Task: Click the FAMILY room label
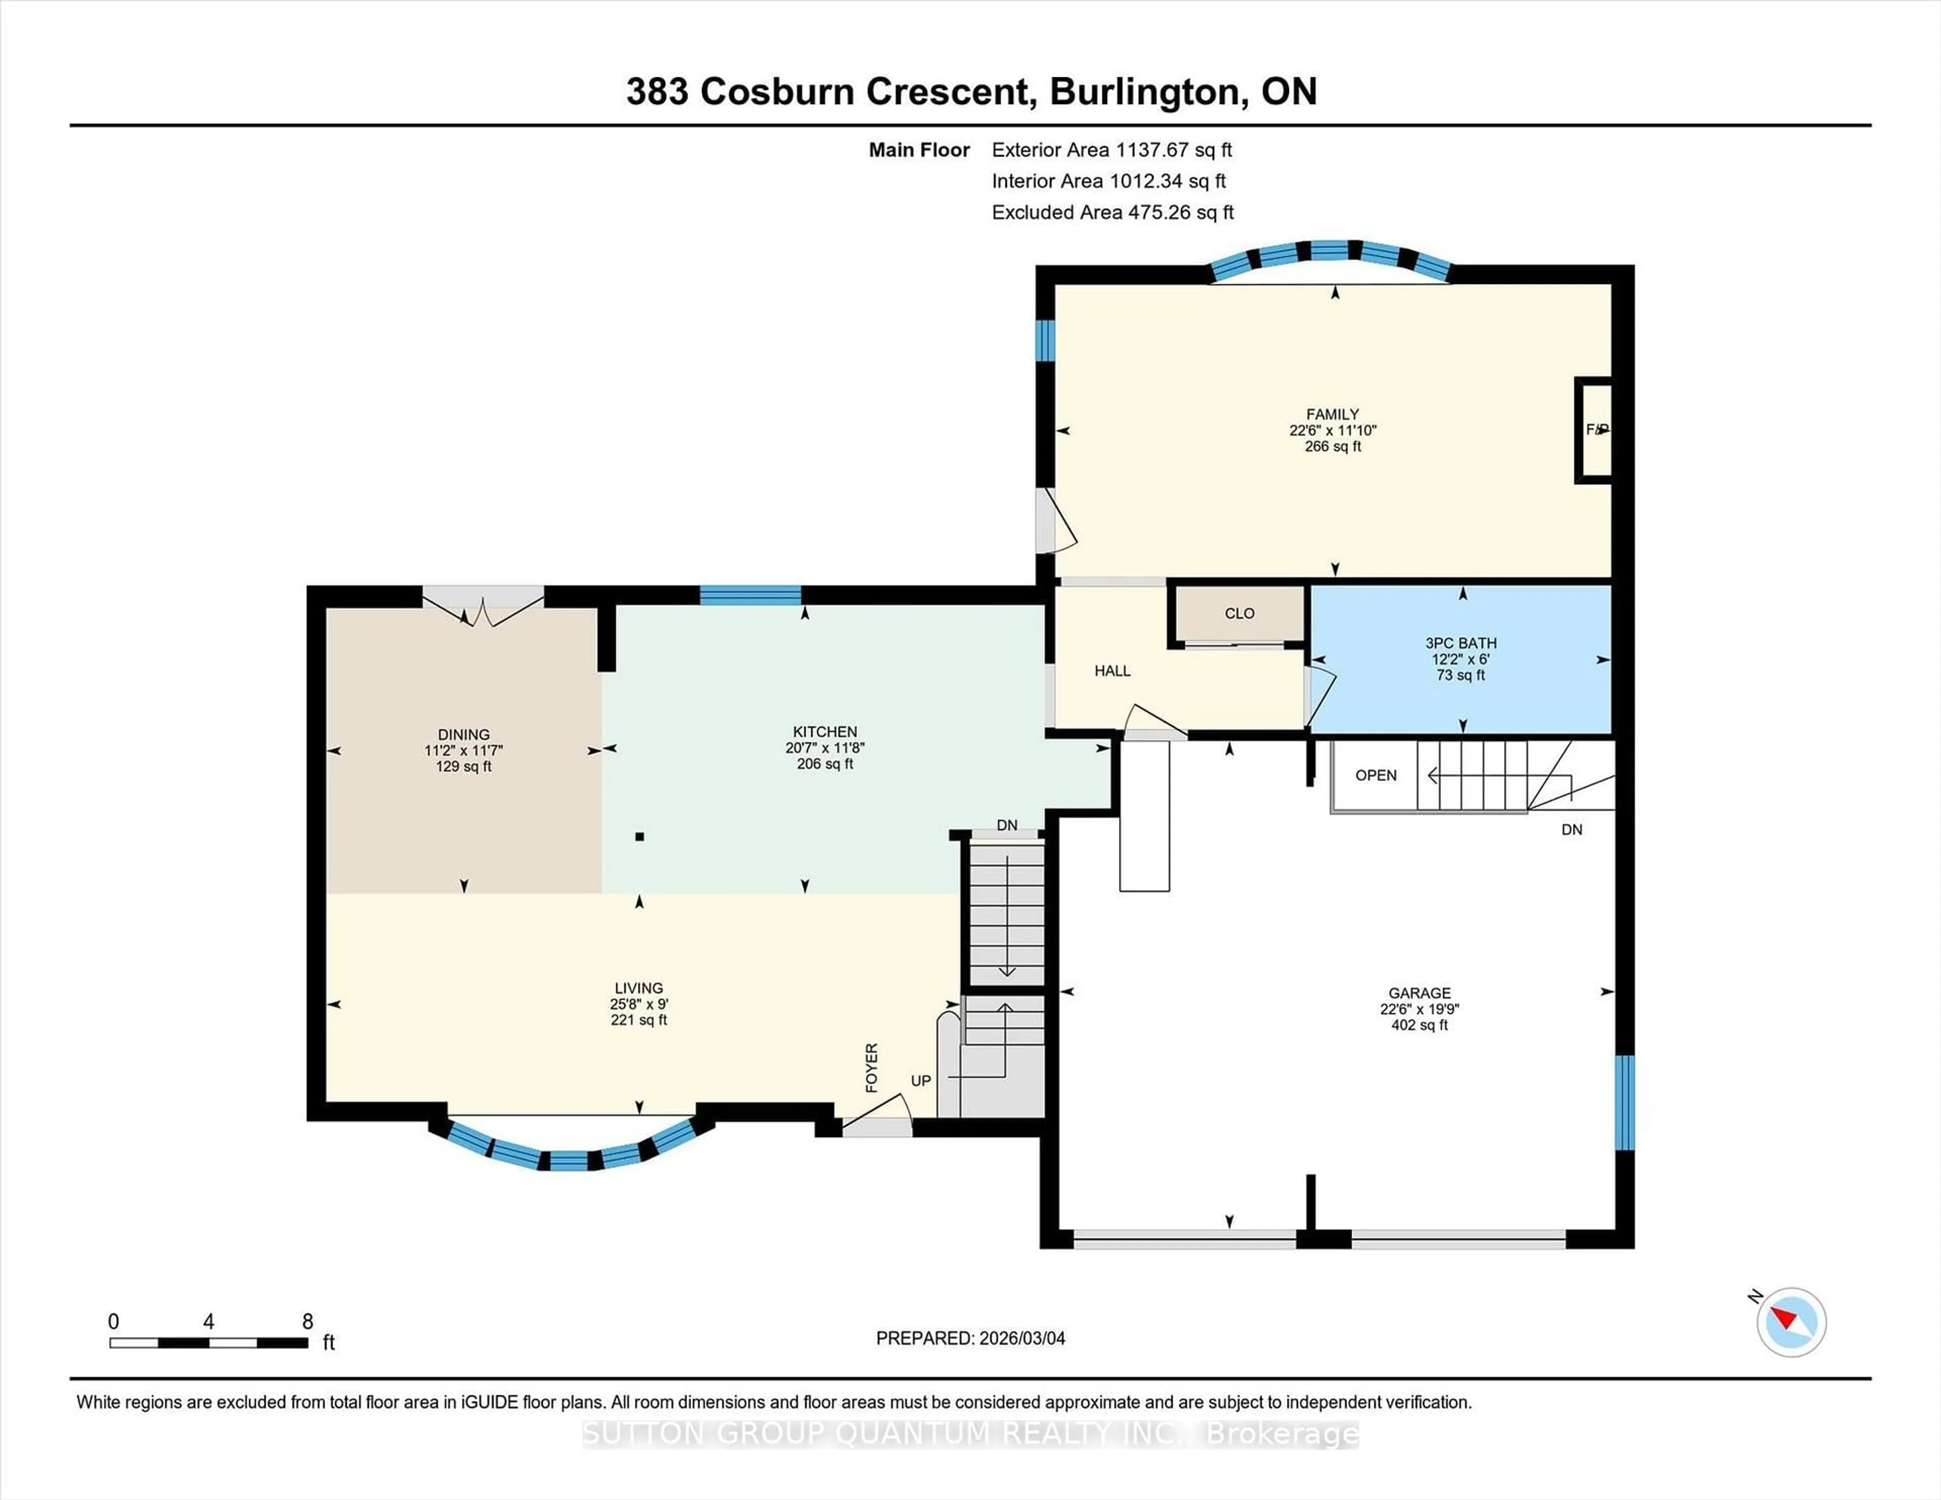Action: coord(1332,414)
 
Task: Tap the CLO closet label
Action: coord(1239,613)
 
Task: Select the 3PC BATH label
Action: coord(1460,642)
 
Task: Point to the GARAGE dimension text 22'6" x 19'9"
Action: coord(1419,1009)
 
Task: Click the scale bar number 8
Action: coord(307,1322)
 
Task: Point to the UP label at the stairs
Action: coord(921,1081)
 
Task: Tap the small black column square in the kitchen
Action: coord(639,836)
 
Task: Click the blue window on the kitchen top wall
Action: coord(750,595)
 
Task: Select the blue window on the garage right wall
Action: coord(1623,1102)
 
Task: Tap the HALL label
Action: coord(1112,671)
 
